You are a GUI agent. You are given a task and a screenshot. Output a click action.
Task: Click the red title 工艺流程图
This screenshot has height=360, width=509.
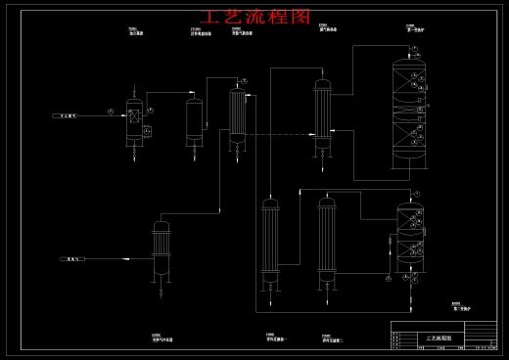point(254,17)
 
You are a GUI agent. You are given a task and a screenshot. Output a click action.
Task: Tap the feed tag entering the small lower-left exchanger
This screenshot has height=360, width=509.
point(73,259)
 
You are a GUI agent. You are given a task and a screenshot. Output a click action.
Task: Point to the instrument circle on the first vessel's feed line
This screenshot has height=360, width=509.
point(111,112)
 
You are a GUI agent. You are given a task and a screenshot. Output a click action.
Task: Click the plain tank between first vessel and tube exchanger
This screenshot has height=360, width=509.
point(195,122)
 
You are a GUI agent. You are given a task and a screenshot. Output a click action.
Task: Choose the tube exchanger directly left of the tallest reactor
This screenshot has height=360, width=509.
point(322,112)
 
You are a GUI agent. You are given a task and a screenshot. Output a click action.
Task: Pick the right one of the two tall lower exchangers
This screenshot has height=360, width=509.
point(326,243)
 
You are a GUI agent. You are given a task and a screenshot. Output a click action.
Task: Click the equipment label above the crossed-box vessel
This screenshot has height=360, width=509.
point(135,32)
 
